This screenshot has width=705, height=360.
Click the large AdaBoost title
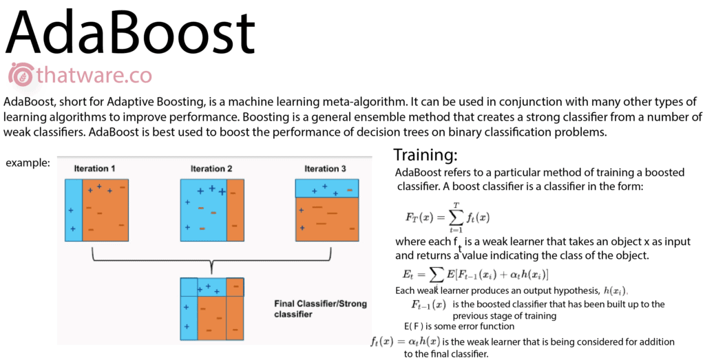click(130, 34)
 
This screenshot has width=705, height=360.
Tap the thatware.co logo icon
click(21, 74)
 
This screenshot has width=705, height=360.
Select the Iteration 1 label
click(95, 169)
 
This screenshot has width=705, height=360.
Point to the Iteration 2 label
click(211, 169)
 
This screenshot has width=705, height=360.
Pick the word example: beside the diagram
click(28, 163)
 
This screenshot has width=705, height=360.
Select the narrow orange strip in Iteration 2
click(235, 210)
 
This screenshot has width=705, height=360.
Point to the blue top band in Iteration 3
click(327, 188)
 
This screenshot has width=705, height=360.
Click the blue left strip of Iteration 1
click(74, 210)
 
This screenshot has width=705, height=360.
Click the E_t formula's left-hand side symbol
click(408, 274)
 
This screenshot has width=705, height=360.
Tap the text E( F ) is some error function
click(459, 326)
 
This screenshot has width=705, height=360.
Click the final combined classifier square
click(212, 308)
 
